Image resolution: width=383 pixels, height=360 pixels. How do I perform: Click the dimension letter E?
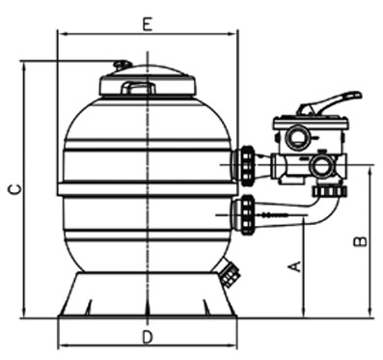147,23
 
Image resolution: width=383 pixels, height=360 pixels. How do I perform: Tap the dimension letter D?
147,337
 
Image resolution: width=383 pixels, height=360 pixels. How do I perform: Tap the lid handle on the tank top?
137,88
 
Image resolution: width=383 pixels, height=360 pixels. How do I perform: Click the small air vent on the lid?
122,66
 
